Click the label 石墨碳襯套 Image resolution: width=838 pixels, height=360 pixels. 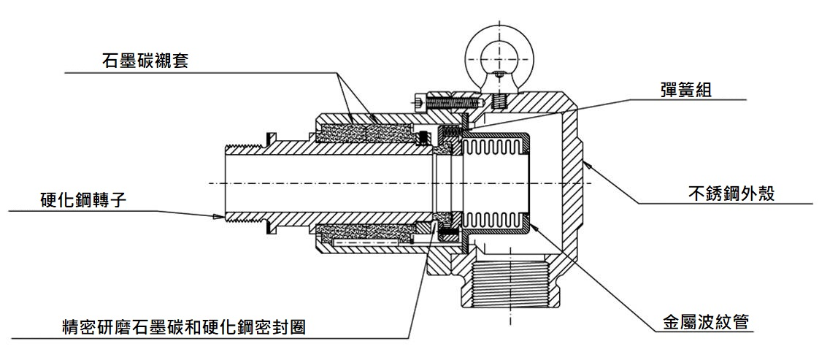click(x=145, y=60)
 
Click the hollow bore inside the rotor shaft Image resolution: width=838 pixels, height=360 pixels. click(x=328, y=183)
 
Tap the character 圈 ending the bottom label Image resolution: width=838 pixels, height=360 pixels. click(x=296, y=328)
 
